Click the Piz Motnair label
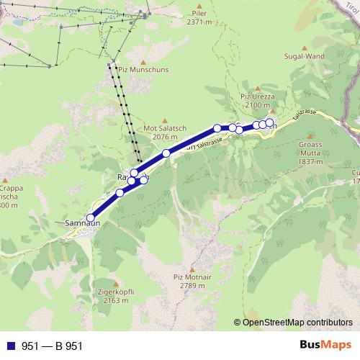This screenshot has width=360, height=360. coord(189,276)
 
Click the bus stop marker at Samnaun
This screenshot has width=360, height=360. coord(90,217)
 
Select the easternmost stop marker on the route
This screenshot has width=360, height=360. coord(270,123)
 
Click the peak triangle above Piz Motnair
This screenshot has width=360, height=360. coord(189,267)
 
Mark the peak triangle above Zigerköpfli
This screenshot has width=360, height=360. coord(114,283)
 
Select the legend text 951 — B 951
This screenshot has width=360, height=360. coord(53,346)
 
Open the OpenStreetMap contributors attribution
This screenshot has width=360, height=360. coord(297,322)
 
